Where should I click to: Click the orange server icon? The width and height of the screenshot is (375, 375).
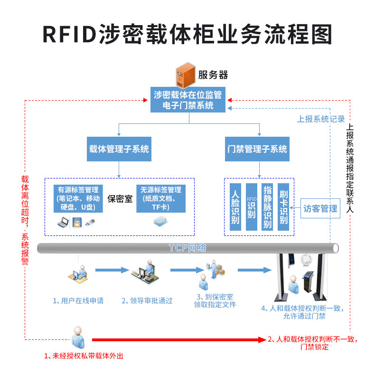click(185, 75)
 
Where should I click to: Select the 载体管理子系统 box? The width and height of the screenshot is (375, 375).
click(119, 149)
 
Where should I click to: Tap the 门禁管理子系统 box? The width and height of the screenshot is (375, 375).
click(257, 149)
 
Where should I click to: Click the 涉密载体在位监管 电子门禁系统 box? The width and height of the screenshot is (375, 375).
click(188, 100)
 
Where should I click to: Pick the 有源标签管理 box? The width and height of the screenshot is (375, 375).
click(78, 198)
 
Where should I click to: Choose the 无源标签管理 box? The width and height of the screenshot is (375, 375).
click(161, 198)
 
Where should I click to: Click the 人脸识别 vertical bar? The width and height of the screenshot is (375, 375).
click(235, 207)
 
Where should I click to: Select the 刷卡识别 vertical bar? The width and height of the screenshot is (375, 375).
click(283, 207)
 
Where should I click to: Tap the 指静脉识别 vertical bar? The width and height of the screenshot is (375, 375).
click(267, 207)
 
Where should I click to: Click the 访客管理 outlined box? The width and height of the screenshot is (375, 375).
click(320, 208)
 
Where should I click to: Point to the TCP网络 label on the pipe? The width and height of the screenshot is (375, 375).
click(187, 248)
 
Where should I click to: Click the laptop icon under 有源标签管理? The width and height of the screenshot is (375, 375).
click(64, 223)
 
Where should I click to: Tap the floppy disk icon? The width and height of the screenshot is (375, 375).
click(77, 222)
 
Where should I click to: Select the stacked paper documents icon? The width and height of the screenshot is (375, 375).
click(160, 222)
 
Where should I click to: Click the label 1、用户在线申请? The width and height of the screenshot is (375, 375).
click(78, 300)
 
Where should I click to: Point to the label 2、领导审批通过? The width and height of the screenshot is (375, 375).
click(147, 300)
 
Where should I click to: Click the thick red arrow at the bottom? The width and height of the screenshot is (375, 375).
click(179, 339)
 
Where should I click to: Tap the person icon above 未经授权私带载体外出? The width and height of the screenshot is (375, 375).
click(78, 337)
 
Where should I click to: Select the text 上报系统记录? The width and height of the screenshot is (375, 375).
click(321, 119)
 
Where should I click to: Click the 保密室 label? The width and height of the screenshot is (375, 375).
click(120, 199)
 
